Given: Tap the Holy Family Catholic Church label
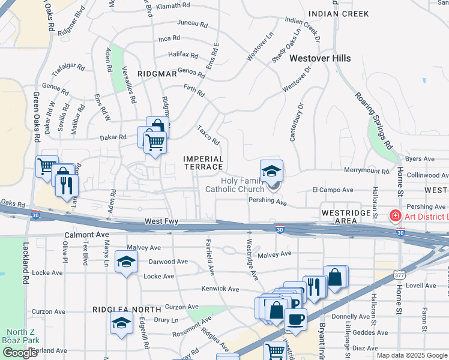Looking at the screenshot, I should click(x=235, y=185).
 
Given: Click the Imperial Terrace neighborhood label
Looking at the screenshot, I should click(x=203, y=163).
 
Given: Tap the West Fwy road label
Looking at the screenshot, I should click(x=161, y=222).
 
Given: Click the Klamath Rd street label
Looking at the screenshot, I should click(x=173, y=5).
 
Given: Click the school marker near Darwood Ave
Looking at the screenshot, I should click(x=126, y=262).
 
